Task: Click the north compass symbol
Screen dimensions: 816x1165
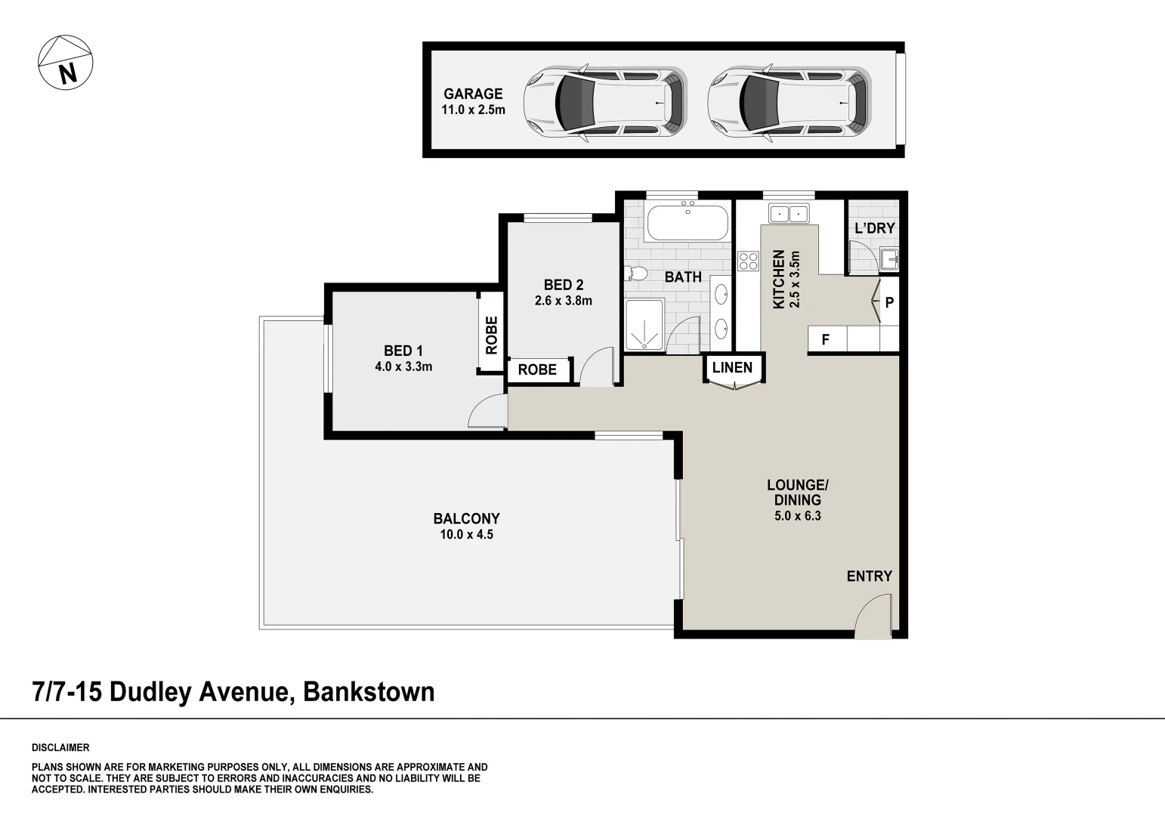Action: (66, 63)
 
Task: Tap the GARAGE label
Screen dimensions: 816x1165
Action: (473, 94)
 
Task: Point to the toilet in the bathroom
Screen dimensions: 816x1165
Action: (636, 273)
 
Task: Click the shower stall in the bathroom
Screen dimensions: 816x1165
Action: (644, 325)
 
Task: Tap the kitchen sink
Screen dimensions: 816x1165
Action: (788, 213)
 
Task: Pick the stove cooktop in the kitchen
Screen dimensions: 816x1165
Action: (748, 261)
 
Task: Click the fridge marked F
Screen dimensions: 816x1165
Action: (826, 339)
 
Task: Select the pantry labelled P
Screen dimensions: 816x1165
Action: (889, 302)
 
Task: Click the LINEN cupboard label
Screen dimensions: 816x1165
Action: (732, 368)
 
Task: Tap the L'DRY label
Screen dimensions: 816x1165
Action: (874, 228)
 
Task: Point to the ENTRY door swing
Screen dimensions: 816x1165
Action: (874, 616)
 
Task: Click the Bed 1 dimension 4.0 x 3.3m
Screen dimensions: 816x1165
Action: (403, 367)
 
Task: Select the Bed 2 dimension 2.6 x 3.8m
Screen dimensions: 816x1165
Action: (563, 301)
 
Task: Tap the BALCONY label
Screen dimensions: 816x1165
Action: (466, 518)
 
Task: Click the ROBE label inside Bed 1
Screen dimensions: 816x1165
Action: (492, 335)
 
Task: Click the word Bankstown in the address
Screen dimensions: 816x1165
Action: (369, 691)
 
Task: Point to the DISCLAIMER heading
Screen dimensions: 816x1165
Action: (60, 748)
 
